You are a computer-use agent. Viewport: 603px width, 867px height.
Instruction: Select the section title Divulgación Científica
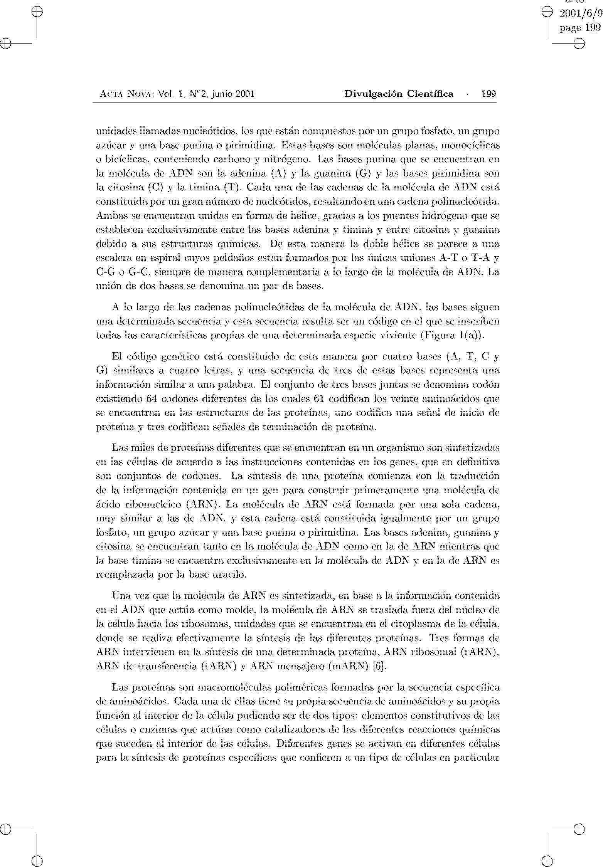(x=399, y=94)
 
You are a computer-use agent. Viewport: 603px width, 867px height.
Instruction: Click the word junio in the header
(x=221, y=94)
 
